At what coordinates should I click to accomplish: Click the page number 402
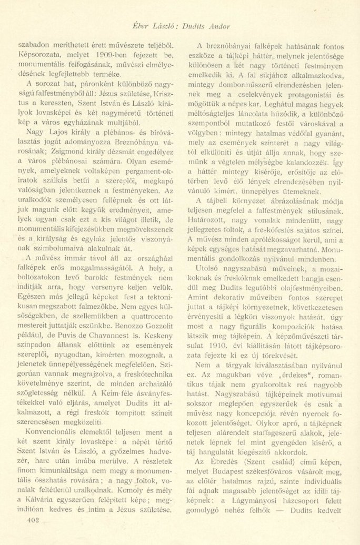[x=25, y=521]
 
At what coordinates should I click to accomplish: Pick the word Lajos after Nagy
[x=54, y=128]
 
